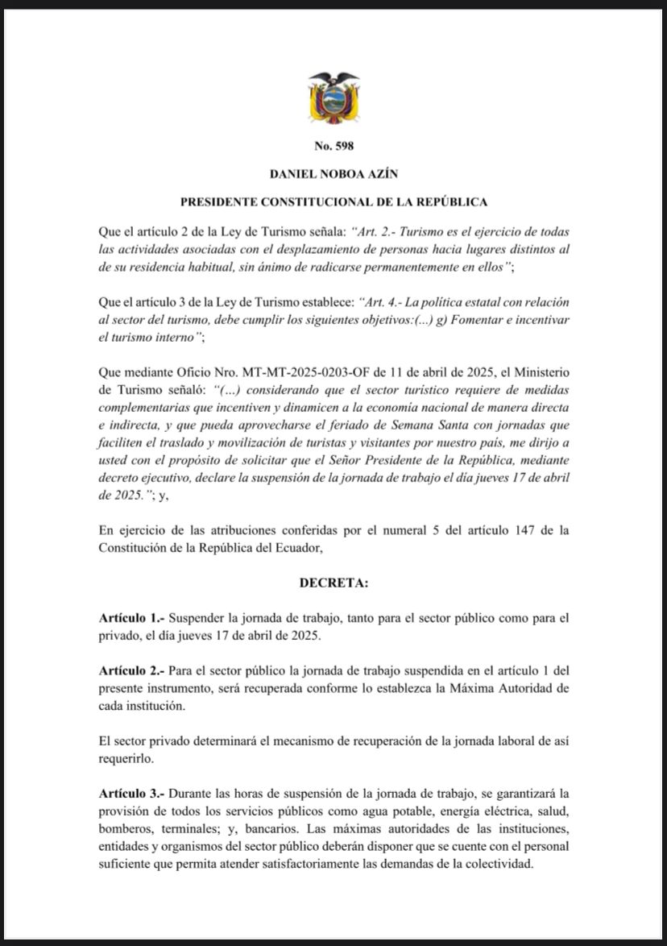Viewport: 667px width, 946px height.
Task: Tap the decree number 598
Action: click(x=333, y=146)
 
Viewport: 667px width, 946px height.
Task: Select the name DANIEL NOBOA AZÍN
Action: click(x=333, y=173)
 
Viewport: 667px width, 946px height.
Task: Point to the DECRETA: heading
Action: click(x=333, y=580)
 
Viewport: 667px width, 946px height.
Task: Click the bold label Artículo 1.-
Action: click(x=129, y=619)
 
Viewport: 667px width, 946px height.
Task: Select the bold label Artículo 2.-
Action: click(x=129, y=670)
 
